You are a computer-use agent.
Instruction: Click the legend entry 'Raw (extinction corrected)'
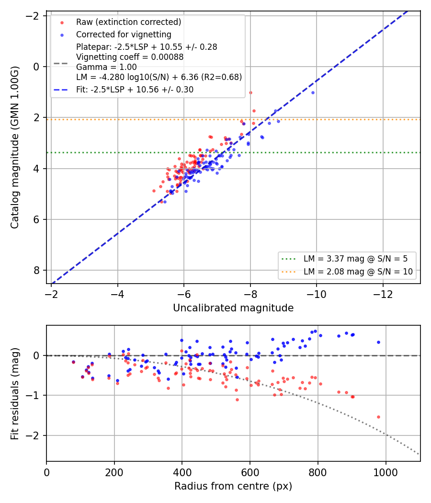[x=129, y=22]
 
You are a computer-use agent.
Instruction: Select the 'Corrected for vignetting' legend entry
[x=124, y=34]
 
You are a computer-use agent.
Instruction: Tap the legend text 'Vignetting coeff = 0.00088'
[x=130, y=57]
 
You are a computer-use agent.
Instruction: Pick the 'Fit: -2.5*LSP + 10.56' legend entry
[x=135, y=90]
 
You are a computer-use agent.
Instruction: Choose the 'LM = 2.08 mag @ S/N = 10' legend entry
[x=358, y=272]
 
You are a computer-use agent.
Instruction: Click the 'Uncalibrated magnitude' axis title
[x=233, y=308]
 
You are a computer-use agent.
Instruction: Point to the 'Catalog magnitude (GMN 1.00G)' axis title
[x=15, y=147]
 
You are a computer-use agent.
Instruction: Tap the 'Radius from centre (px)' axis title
[x=233, y=486]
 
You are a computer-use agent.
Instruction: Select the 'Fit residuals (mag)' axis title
[x=15, y=394]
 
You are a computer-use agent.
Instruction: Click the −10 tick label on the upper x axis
[x=316, y=294]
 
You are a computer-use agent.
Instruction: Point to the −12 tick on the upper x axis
[x=383, y=294]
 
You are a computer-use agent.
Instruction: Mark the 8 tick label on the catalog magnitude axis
[x=36, y=271]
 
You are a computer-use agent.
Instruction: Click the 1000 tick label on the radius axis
[x=386, y=472]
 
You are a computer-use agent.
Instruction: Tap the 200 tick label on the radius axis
[x=114, y=472]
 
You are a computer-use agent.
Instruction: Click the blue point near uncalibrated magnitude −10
[x=313, y=93]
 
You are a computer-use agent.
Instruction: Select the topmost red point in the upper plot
[x=250, y=93]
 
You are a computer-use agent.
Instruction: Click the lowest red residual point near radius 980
[x=378, y=417]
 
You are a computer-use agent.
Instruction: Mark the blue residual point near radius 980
[x=378, y=343]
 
